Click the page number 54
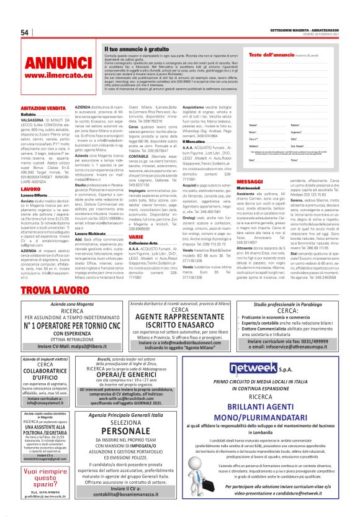pyautogui.click(x=25, y=33)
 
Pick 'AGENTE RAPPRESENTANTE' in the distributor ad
pyautogui.click(x=179, y=317)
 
